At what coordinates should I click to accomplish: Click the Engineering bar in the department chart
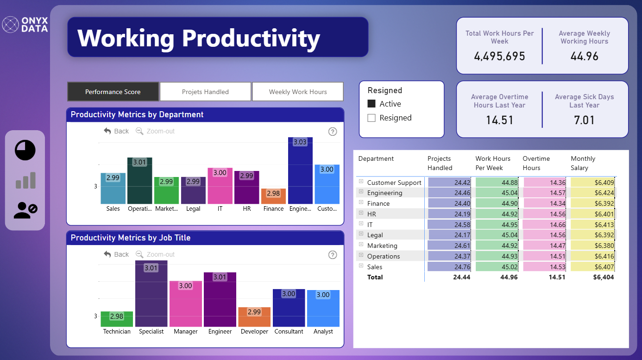[x=300, y=171]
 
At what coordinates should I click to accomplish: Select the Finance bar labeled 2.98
[x=273, y=196]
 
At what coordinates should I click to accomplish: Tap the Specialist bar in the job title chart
[x=151, y=293]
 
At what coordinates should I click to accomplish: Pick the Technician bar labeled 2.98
[x=117, y=319]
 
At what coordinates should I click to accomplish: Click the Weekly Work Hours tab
[x=298, y=92]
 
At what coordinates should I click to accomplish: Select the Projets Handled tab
[x=205, y=92]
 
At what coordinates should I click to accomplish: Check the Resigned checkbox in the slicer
[x=371, y=118]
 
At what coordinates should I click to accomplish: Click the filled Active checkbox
[x=371, y=104]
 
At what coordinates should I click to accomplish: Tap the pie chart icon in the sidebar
[x=25, y=150]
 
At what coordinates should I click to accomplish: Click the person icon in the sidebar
[x=25, y=210]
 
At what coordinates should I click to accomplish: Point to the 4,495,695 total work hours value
[x=499, y=56]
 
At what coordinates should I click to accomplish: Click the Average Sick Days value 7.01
[x=584, y=120]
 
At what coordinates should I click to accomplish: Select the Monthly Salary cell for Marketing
[x=592, y=246]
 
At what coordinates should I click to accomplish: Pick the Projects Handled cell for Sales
[x=449, y=267]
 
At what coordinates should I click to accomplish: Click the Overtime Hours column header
[x=536, y=163]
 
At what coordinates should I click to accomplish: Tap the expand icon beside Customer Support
[x=361, y=182]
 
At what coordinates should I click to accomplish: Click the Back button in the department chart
[x=116, y=131]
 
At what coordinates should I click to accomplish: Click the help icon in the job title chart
[x=333, y=255]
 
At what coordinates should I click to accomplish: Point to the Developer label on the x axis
[x=254, y=331]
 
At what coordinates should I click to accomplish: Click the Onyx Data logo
[x=25, y=25]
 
